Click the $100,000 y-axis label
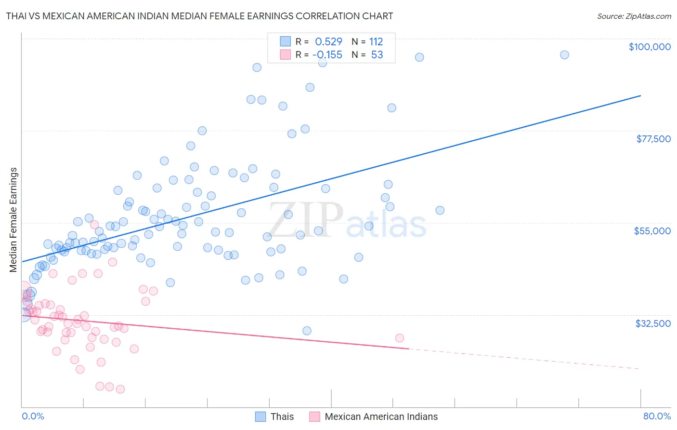coord(650,47)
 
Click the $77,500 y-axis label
coord(653,139)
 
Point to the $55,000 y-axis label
coord(652,231)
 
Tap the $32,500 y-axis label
coord(652,323)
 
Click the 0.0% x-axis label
coord(33,416)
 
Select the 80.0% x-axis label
coord(657,416)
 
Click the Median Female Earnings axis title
coord(13,220)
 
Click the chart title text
coord(199,16)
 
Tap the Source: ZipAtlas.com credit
coord(634,16)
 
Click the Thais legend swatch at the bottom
coord(260,417)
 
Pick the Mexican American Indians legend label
coord(381,417)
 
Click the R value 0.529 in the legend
coord(328,42)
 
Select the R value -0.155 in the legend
coord(327,55)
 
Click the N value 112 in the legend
coord(376,42)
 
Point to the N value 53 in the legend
coord(377,55)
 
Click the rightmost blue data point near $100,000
coord(564,55)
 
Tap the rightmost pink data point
coord(399,338)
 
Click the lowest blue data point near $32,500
coord(307,331)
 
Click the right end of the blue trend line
coord(640,95)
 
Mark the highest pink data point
coord(94,225)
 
